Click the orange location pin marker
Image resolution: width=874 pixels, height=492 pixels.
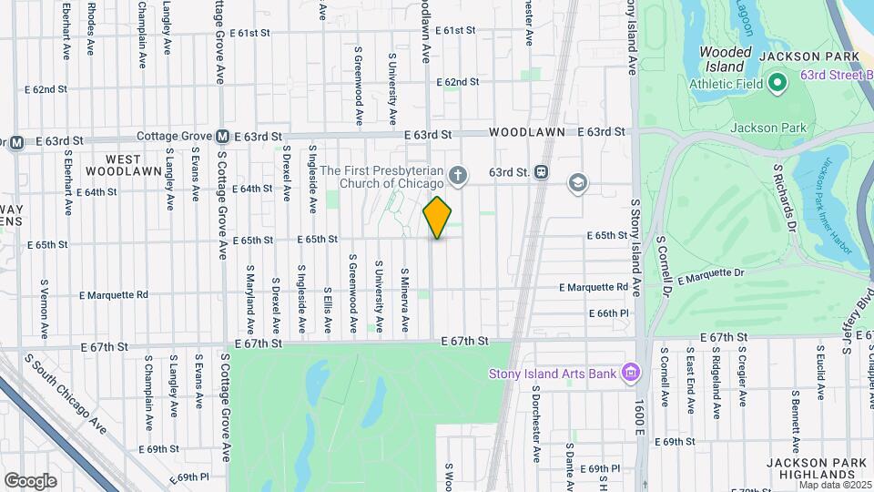coord(437,218)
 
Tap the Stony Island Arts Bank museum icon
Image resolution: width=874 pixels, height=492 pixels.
coord(629,373)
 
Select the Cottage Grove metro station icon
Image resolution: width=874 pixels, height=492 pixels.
coord(221,138)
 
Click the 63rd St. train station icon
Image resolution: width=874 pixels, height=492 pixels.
coord(542,171)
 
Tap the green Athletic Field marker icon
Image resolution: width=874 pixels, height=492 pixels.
coord(777,85)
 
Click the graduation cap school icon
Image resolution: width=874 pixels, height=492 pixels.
coord(576,184)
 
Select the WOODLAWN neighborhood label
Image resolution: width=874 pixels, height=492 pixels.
coord(528,132)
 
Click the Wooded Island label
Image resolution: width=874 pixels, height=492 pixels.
coord(726,59)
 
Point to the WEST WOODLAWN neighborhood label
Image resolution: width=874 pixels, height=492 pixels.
coord(127,163)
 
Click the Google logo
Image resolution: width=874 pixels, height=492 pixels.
coord(30,480)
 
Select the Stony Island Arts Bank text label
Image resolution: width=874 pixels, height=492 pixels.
coord(552,373)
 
